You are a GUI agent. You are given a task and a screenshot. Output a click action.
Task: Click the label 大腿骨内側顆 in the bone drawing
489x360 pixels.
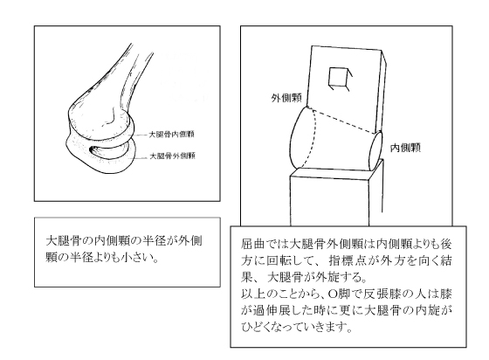[171, 135]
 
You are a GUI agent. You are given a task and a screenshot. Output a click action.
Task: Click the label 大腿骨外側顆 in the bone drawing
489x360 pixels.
[173, 156]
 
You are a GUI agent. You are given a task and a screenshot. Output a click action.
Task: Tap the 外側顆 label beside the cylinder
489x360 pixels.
[286, 98]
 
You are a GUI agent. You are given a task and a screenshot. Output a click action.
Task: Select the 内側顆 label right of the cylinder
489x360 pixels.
[405, 148]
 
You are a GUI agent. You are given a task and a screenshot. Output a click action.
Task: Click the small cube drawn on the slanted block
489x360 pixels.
[340, 79]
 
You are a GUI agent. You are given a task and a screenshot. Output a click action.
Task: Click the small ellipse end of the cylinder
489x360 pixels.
[375, 151]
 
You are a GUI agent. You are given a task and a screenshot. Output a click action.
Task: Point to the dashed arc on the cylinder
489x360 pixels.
[311, 138]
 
